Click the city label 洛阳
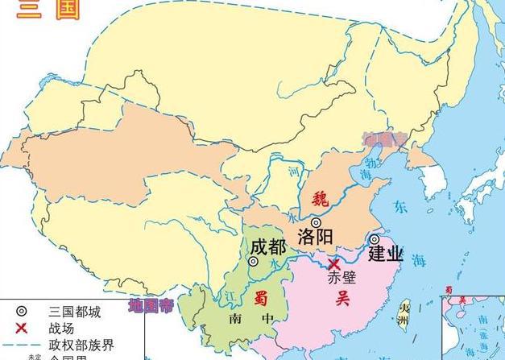point(317,238)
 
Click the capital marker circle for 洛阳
point(316,222)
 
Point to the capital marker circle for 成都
point(254,261)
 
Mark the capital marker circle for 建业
point(375,239)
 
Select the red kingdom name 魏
point(321,196)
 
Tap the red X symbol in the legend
point(22,328)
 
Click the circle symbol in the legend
point(22,311)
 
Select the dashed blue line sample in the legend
point(22,344)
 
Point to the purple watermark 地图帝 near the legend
point(151,306)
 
